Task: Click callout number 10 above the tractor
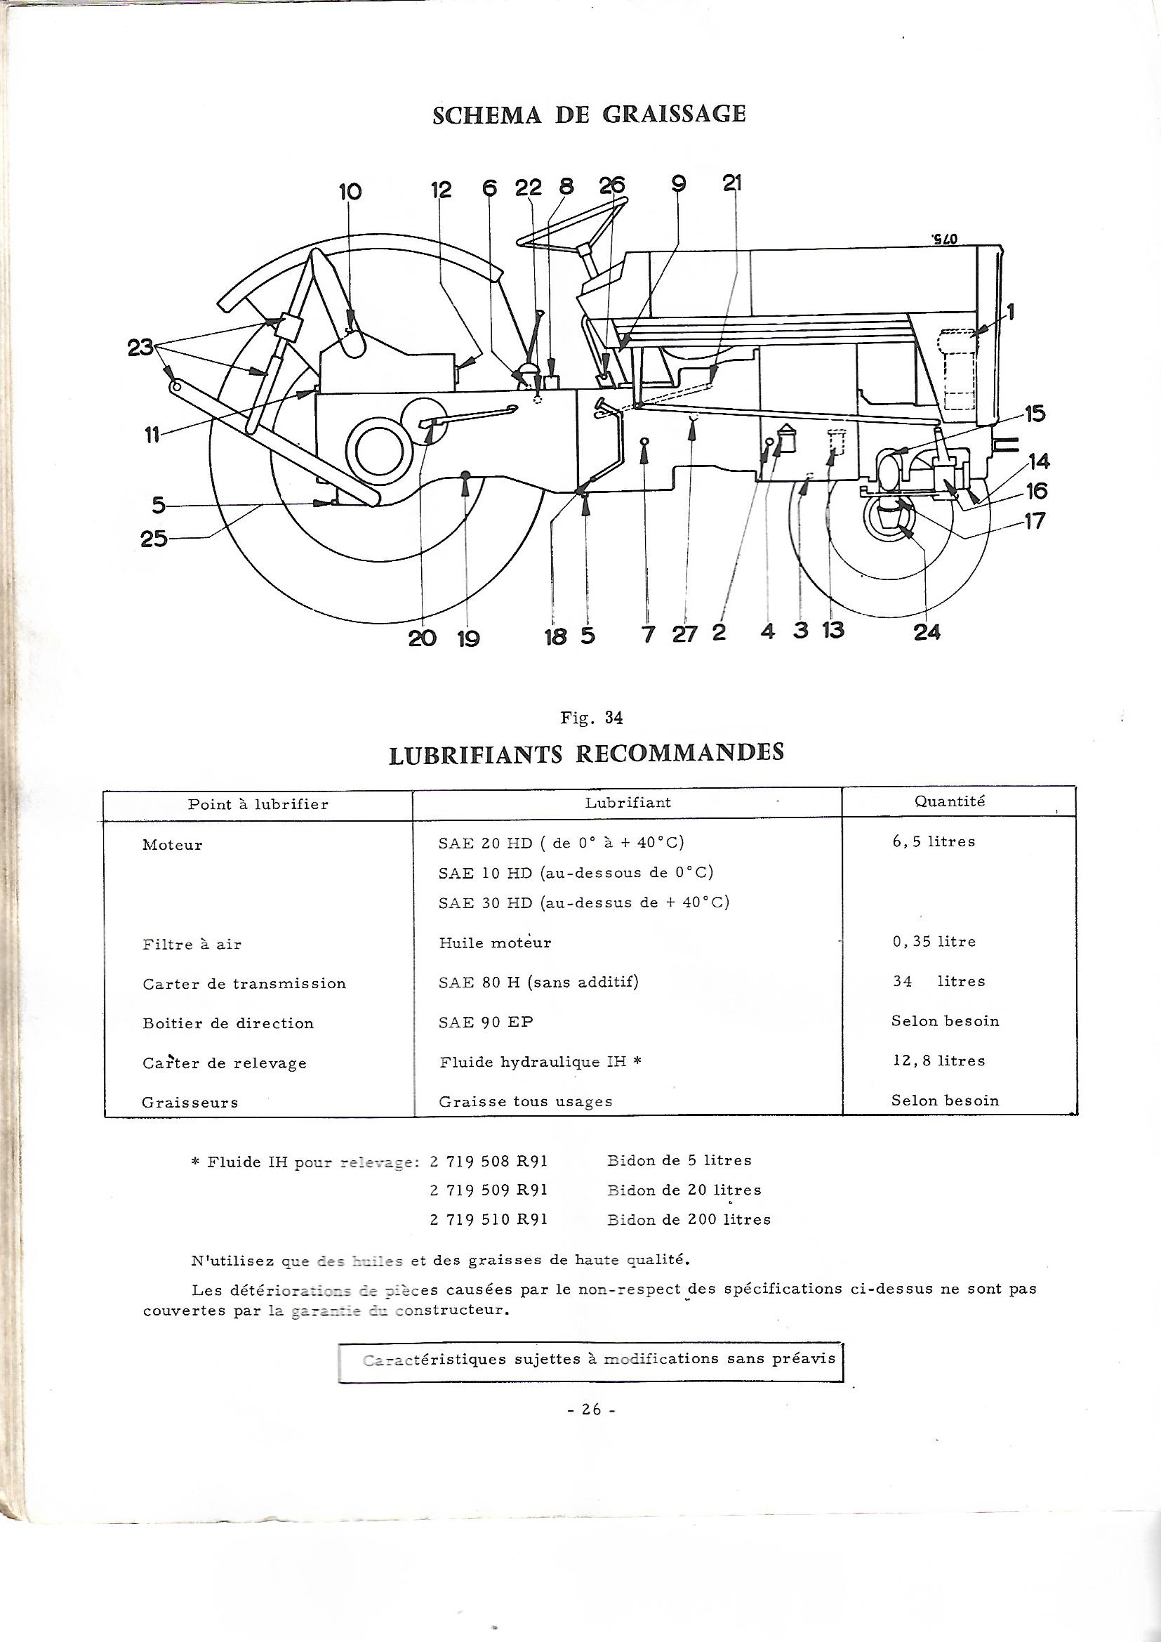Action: tap(350, 192)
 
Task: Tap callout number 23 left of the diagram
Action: tap(140, 348)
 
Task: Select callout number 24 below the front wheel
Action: tap(927, 632)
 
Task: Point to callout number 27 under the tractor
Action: tap(684, 633)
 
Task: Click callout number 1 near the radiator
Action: tap(1010, 312)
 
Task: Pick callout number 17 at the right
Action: tap(1035, 520)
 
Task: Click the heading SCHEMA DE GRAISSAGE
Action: tap(588, 114)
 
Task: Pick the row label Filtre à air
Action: tap(192, 945)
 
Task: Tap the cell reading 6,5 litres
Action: tap(933, 842)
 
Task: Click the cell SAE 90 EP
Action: tap(486, 1022)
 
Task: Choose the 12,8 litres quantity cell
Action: tap(938, 1060)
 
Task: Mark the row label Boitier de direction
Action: tap(228, 1023)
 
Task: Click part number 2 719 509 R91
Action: tap(489, 1190)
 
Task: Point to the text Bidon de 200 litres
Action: tap(689, 1219)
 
